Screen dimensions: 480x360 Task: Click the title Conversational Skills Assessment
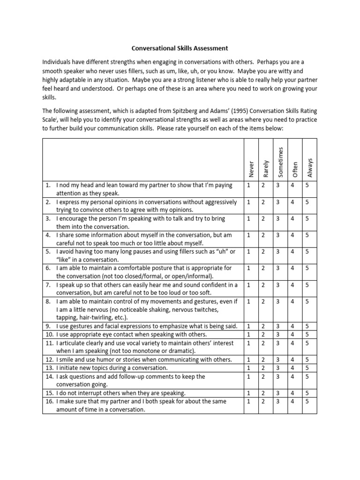tap(180, 48)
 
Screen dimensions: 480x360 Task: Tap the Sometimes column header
tap(280, 161)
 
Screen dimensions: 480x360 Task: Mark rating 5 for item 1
tap(307, 185)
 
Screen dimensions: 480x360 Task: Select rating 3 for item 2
tap(277, 202)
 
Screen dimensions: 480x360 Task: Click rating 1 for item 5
tap(248, 252)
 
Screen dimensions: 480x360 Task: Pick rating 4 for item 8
tap(292, 301)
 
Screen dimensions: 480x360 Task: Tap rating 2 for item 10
tap(263, 334)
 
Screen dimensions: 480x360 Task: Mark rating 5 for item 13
tap(307, 368)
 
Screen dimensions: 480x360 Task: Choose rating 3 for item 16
tap(277, 401)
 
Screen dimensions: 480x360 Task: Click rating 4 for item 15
tap(292, 393)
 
